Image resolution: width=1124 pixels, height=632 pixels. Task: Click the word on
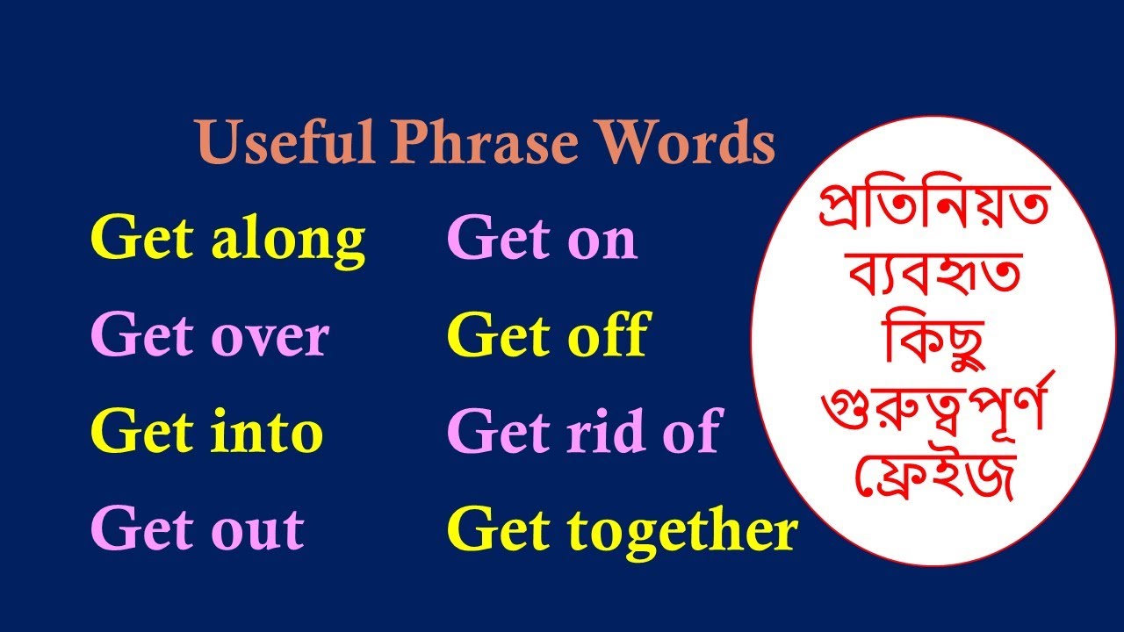pos(601,240)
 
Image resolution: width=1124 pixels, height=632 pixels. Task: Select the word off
pos(606,335)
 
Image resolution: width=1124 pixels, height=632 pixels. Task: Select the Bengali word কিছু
pos(933,345)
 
